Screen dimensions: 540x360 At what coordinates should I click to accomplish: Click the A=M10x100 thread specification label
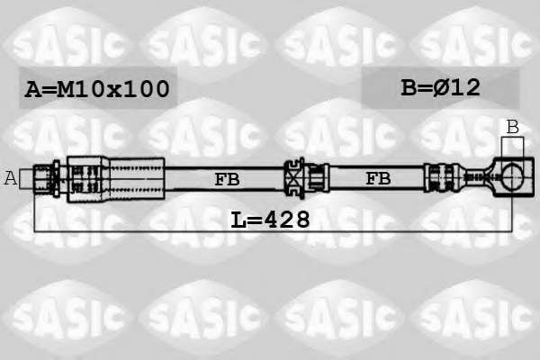pos(97,88)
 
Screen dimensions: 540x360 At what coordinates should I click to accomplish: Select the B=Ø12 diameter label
pos(440,87)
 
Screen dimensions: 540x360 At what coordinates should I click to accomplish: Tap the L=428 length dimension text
pos(270,220)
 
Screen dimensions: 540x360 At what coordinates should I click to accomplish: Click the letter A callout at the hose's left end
pos(10,178)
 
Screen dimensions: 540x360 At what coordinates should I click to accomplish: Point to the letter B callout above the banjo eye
pos(513,127)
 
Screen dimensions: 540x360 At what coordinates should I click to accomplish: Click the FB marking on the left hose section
pos(227,179)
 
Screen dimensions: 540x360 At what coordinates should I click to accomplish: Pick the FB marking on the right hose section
pos(378,179)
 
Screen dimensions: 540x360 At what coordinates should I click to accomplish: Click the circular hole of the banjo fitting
pos(512,176)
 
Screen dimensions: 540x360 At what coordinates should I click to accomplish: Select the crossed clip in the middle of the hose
pos(294,178)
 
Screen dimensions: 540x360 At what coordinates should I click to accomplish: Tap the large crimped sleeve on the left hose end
pos(116,179)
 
